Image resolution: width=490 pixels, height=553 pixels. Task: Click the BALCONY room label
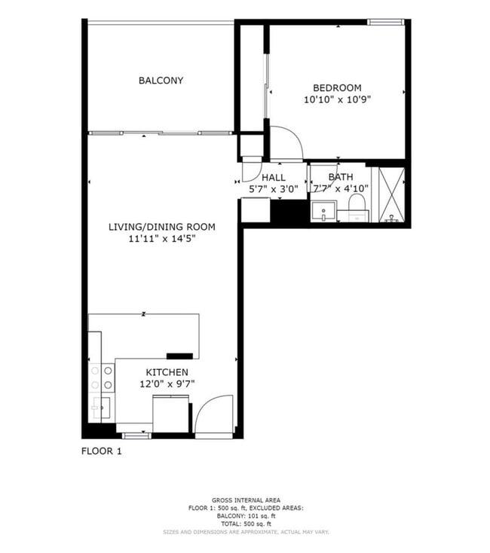[x=161, y=81]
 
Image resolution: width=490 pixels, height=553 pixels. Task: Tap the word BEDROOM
[x=338, y=87]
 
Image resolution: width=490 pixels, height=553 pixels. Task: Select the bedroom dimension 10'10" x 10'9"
[x=338, y=99]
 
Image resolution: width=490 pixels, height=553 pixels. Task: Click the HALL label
[x=274, y=178]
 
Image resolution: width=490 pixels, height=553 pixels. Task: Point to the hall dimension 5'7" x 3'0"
[x=274, y=189]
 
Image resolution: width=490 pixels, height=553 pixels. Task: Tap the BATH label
[x=340, y=178]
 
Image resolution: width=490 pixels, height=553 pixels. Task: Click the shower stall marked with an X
[x=391, y=195]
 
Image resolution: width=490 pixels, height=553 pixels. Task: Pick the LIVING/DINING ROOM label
[x=162, y=227]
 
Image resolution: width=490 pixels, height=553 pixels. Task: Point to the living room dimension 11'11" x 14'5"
[x=162, y=239]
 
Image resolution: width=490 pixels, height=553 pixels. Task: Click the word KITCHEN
[x=167, y=372]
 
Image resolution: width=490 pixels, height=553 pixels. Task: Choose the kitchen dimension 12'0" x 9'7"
[x=167, y=383]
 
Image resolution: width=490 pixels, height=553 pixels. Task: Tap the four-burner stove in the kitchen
[x=103, y=377]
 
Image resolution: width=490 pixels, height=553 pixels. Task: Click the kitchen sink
[x=101, y=408]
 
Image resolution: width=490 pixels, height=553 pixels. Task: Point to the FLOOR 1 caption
[x=101, y=451]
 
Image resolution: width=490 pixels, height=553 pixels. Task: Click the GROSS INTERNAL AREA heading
[x=246, y=500]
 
